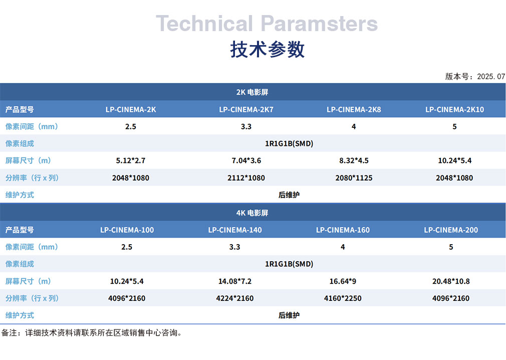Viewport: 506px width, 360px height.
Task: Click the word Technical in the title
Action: click(x=204, y=24)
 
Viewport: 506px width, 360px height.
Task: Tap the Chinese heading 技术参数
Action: click(x=267, y=50)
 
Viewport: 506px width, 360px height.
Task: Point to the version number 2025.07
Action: click(x=491, y=77)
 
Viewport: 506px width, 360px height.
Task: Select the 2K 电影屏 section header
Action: click(x=252, y=92)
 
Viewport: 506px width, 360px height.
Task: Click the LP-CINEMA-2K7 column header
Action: click(x=246, y=109)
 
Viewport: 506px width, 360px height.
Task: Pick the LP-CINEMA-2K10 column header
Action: click(x=454, y=109)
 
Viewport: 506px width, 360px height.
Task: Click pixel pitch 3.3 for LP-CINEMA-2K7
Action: click(x=246, y=126)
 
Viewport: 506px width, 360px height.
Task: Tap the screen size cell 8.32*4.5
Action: click(x=354, y=160)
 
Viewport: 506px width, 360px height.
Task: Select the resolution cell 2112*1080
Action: click(x=246, y=178)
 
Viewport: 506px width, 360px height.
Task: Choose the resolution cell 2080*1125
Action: click(x=354, y=178)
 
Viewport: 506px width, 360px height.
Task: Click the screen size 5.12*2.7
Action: click(x=131, y=160)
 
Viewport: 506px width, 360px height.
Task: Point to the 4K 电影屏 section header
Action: click(x=252, y=213)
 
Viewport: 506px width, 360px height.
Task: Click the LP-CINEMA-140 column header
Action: click(x=235, y=230)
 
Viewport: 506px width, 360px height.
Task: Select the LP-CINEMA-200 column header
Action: click(x=451, y=230)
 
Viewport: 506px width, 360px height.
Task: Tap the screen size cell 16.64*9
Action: click(x=343, y=281)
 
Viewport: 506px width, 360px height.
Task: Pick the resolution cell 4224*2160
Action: click(x=235, y=298)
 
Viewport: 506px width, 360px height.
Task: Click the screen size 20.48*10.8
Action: click(x=451, y=281)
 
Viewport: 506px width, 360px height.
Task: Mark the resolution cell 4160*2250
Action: click(x=343, y=298)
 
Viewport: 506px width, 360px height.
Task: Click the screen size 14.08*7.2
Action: click(x=235, y=281)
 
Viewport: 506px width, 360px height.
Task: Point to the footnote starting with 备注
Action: click(x=92, y=333)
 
